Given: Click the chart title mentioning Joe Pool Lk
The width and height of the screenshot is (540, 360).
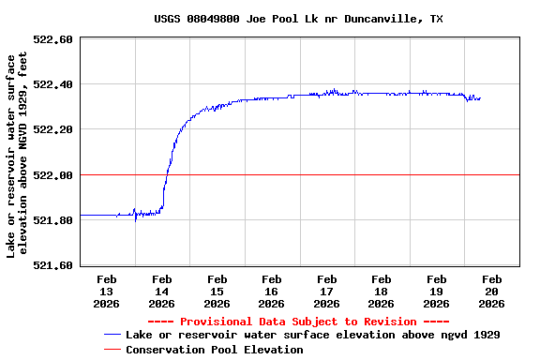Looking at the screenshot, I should click(298, 19).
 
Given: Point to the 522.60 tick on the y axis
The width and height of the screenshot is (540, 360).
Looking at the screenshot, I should click(53, 39).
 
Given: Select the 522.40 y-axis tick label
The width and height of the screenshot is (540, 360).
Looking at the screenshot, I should click(53, 84).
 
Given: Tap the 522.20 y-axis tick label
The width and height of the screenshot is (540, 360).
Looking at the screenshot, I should click(53, 129).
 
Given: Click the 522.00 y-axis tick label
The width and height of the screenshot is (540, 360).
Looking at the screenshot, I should click(53, 175).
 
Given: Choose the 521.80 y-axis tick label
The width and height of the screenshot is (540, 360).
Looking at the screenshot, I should click(53, 220).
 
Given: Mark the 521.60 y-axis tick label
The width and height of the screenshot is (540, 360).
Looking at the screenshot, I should click(53, 265).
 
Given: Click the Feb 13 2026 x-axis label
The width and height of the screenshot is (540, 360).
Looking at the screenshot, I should click(107, 291).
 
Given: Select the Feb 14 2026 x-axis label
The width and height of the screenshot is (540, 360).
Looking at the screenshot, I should click(161, 291).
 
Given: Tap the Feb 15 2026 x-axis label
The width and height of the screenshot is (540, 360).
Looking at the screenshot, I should click(217, 291).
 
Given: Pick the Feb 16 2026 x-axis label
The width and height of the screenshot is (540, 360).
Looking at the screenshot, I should click(272, 291).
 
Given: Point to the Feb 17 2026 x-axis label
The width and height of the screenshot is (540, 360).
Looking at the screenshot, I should click(326, 291).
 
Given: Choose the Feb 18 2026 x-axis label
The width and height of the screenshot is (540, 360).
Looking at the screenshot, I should click(382, 291).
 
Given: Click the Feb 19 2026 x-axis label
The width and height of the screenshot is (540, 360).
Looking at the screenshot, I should click(436, 291).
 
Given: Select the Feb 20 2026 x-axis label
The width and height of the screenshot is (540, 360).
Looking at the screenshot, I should click(491, 291).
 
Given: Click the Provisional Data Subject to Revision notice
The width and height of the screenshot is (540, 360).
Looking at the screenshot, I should click(299, 322).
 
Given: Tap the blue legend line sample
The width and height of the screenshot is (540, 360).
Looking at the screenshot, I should click(112, 335).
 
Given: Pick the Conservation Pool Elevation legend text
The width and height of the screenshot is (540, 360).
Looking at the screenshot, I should click(215, 350).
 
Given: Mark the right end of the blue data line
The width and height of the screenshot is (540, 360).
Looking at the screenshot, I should click(480, 98).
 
